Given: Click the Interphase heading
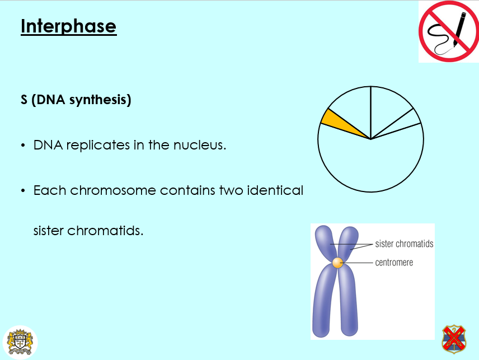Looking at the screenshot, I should tap(68, 26).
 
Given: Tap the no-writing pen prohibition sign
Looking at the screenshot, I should tap(448, 32).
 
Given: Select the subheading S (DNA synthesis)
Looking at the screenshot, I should tap(76, 101).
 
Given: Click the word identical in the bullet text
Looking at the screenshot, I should tap(274, 190).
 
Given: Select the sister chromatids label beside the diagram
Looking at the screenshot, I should tap(404, 244).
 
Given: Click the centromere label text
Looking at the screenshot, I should tap(394, 262).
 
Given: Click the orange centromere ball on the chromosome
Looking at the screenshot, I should tap(337, 262).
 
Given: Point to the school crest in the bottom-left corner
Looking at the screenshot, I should tap(20, 342).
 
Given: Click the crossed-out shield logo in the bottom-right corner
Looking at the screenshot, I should tap(454, 339).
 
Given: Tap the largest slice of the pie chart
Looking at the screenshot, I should tap(372, 165).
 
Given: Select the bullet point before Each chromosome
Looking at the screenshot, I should tap(23, 191).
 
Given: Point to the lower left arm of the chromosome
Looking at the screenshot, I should tap(323, 302).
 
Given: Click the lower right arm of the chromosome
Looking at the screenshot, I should tap(349, 302).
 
